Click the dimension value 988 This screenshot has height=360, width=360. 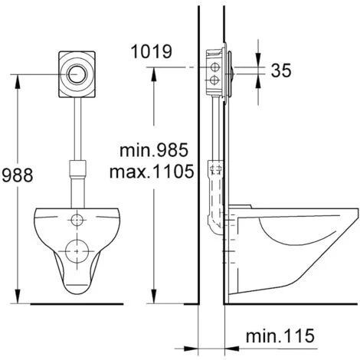(18, 175)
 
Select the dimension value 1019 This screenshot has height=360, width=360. (152, 51)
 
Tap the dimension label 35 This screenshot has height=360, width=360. (281, 70)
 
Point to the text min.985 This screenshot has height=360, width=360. (154, 150)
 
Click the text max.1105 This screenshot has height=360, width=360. (152, 172)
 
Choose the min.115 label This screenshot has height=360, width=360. (280, 335)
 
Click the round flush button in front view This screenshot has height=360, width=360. (77, 74)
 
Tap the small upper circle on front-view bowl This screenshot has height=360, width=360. (77, 220)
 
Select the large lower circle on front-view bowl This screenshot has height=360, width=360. (77, 251)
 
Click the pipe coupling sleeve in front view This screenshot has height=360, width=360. (78, 169)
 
